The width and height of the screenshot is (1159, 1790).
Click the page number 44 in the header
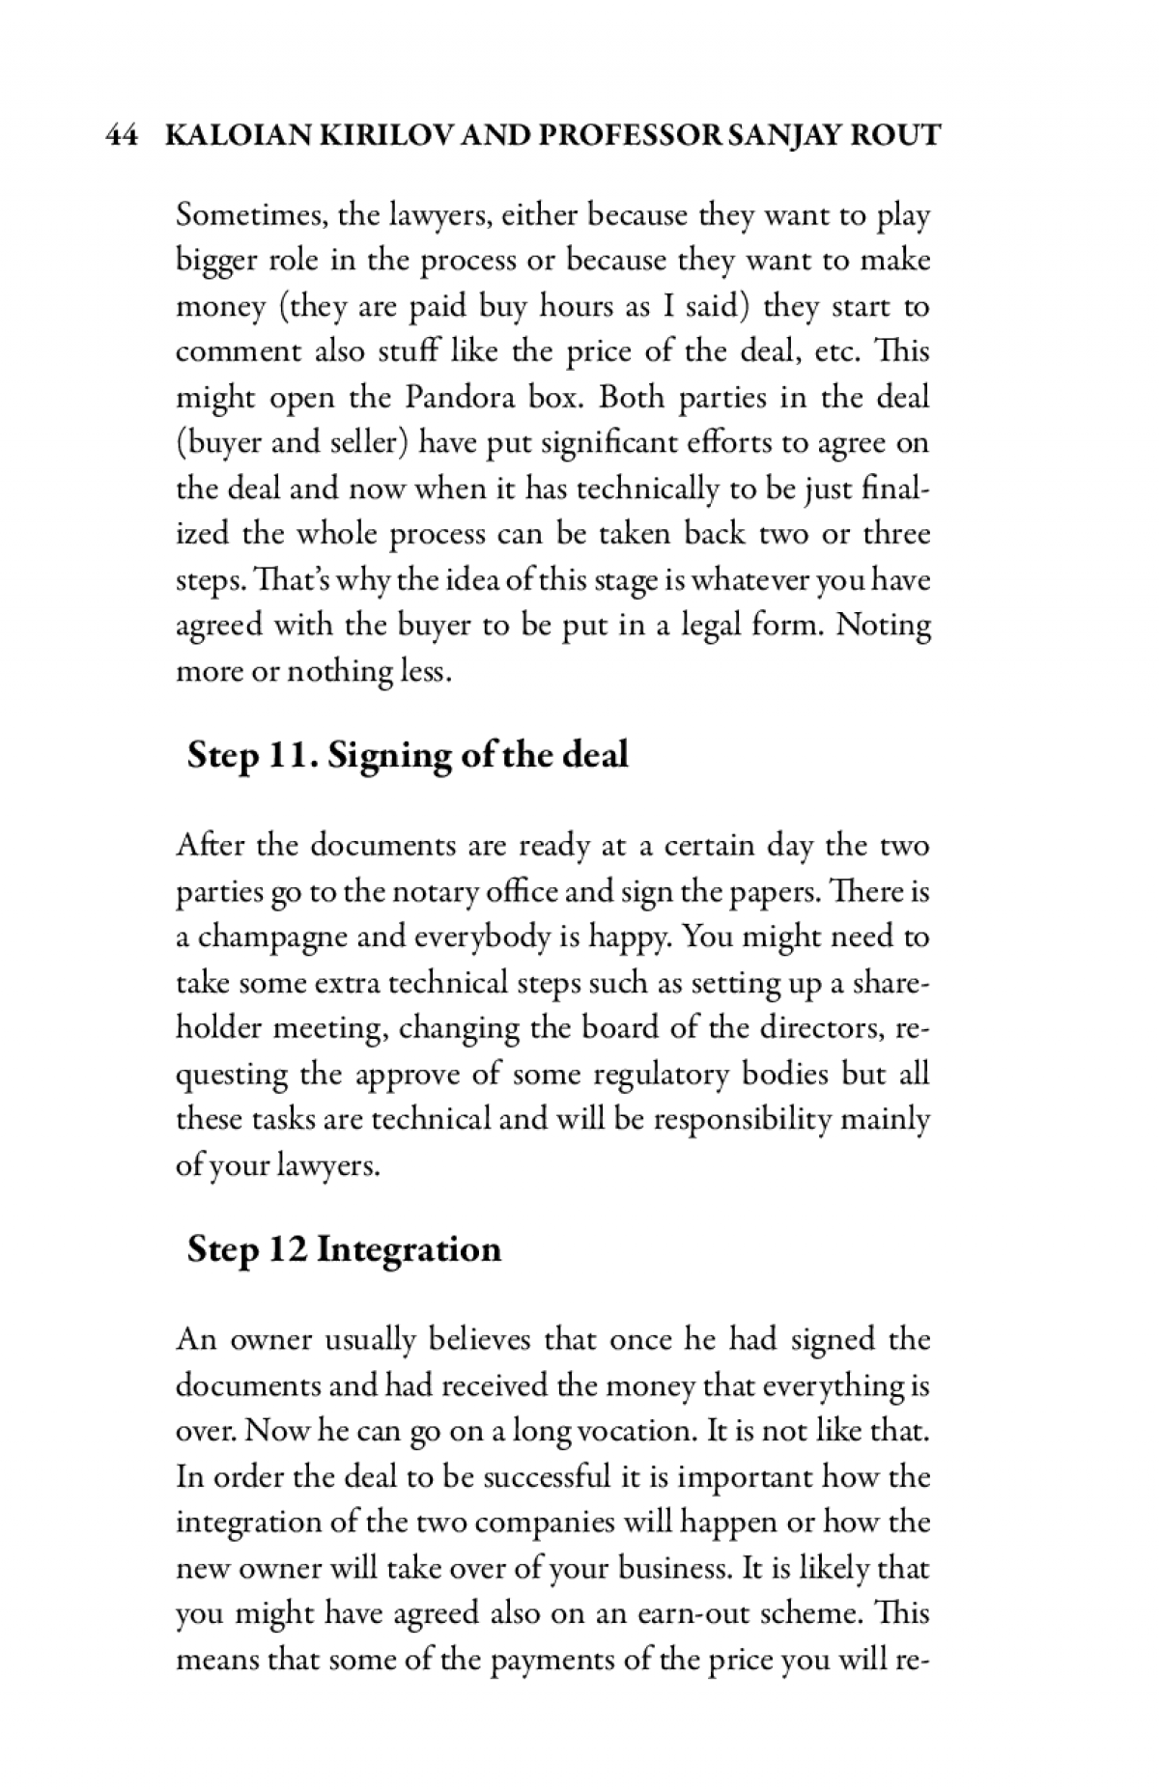(120, 135)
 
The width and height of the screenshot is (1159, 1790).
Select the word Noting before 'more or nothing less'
(884, 626)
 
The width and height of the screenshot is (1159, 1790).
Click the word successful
(548, 1477)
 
